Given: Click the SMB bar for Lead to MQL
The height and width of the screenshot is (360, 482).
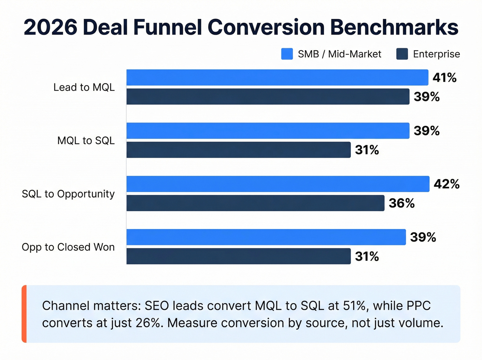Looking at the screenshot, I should [x=277, y=78].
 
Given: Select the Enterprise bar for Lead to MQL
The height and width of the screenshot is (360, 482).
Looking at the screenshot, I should [x=268, y=96].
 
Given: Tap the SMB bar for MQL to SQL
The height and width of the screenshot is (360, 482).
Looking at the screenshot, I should [x=268, y=131].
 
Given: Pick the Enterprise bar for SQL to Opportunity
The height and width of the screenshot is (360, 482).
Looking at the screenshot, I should [x=255, y=203].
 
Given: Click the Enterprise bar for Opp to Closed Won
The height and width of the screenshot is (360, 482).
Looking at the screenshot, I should [x=239, y=256].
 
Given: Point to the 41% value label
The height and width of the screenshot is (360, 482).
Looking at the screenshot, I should [x=444, y=78].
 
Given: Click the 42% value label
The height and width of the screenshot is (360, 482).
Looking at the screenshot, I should [x=447, y=184].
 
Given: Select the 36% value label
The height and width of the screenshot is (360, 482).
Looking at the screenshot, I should [x=401, y=203].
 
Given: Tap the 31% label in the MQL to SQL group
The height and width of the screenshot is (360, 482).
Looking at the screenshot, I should [x=367, y=150].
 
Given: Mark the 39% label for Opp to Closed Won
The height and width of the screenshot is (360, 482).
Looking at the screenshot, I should [x=423, y=237].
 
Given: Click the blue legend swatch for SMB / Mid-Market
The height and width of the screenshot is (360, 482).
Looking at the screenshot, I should [x=287, y=54].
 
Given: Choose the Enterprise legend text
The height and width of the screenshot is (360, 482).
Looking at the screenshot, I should [x=436, y=54].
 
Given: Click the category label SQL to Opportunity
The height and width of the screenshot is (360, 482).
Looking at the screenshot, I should [x=68, y=194].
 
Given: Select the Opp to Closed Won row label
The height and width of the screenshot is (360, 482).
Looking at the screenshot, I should [x=68, y=247].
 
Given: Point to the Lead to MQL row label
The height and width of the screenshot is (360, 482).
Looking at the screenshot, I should [x=84, y=88].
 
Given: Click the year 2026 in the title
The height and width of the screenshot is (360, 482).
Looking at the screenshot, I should [x=51, y=27].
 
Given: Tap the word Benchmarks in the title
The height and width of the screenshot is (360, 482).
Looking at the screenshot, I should [x=394, y=27].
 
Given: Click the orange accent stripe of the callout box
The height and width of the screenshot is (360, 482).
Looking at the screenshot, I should [x=24, y=314].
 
